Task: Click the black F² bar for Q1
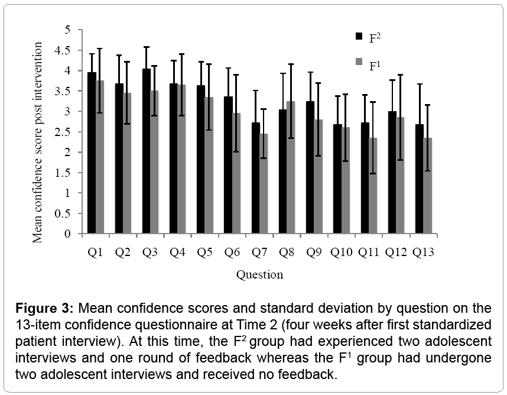[92, 154]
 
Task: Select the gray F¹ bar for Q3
[155, 163]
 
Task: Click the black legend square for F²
[359, 36]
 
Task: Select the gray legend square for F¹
[359, 61]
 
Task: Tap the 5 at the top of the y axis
[75, 30]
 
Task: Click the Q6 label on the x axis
[232, 252]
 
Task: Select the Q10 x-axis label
[342, 252]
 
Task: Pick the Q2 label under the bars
[122, 252]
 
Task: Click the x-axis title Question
[259, 274]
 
